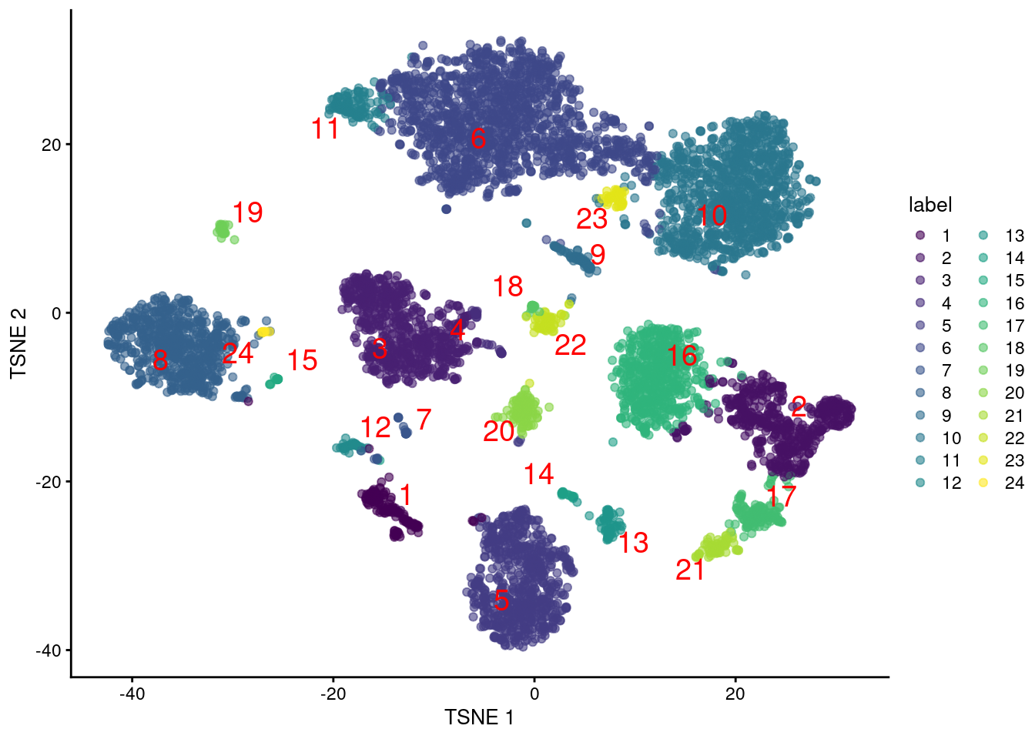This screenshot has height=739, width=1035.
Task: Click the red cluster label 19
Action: pos(248,212)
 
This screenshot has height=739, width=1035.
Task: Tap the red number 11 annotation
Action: pos(325,129)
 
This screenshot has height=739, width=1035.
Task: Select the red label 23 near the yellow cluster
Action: pos(592,219)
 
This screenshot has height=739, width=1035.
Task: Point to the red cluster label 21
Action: pos(690,570)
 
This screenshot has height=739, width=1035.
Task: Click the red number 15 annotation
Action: pos(303,360)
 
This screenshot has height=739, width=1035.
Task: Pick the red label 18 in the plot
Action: pos(508,286)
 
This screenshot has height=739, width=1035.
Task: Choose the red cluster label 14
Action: pos(539,474)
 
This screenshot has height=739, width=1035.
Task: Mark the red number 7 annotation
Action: pos(424,420)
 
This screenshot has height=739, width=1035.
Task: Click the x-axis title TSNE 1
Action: pos(479,717)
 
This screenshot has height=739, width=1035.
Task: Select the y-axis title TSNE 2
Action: pos(18,343)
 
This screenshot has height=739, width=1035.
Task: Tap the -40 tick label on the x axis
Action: pos(132,693)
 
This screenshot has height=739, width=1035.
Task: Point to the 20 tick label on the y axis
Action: pos(51,145)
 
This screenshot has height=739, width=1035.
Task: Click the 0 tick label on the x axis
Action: pos(534,693)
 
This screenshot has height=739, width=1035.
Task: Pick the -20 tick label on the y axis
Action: pos(48,482)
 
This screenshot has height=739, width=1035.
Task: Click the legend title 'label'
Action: pos(930,205)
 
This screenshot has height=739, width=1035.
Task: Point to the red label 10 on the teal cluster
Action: pos(712,216)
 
